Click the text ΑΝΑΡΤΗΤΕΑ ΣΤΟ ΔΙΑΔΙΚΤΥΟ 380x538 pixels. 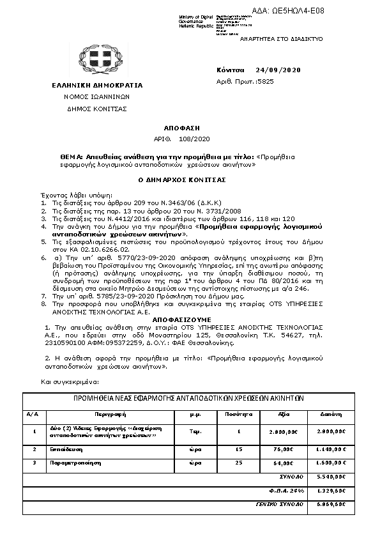(288, 39)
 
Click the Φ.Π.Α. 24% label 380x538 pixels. (289, 490)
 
